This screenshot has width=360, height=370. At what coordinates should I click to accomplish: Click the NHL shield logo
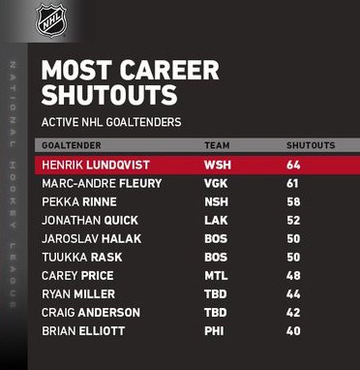(x=51, y=20)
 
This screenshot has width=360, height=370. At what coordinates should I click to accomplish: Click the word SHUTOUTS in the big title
(x=109, y=95)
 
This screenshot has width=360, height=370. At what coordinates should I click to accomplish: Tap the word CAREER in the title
(x=170, y=70)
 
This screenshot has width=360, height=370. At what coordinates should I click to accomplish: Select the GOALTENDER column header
(x=72, y=145)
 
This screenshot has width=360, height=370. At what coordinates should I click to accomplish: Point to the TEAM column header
(x=217, y=145)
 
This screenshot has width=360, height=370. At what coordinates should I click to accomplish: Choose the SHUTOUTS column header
(x=311, y=145)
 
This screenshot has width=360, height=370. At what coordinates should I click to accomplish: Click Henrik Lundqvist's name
(x=96, y=166)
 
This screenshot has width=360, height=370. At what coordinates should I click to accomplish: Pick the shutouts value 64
(x=293, y=166)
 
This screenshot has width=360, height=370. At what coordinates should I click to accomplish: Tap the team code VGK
(x=216, y=184)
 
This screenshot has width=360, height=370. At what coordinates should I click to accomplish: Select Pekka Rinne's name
(x=79, y=202)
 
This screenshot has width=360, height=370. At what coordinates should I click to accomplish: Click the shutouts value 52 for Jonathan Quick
(x=293, y=221)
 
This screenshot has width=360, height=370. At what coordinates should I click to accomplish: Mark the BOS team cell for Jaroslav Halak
(x=216, y=239)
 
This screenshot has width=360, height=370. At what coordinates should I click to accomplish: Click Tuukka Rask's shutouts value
(x=293, y=258)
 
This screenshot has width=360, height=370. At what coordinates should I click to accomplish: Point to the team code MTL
(x=216, y=276)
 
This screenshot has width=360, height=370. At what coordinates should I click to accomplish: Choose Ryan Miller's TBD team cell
(x=216, y=294)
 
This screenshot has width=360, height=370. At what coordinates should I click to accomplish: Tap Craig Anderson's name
(x=91, y=313)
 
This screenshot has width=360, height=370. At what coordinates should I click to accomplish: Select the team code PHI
(x=214, y=331)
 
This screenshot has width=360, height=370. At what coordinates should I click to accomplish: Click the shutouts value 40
(x=293, y=331)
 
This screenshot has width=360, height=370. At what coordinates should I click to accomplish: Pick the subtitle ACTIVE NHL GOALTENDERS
(x=111, y=122)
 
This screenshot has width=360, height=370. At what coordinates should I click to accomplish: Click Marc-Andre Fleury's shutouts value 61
(x=292, y=184)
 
